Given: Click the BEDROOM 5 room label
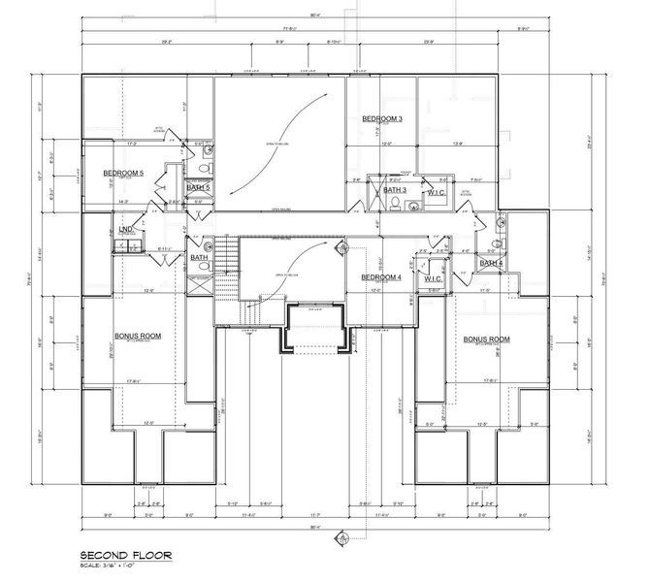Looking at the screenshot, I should coord(123,174).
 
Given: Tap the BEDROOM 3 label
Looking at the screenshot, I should coord(382,118).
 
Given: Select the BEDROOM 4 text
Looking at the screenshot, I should coord(381,277).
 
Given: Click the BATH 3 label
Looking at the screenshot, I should coord(394,190).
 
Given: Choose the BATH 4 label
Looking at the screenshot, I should coord(492,263).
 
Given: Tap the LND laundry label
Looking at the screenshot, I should coord(125,230).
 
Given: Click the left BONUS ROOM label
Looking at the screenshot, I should coord(138,337).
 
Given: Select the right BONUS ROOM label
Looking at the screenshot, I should coord(486,339).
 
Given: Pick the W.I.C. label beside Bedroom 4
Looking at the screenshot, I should coord(434,278).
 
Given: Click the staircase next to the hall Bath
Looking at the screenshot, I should coord(225,257).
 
